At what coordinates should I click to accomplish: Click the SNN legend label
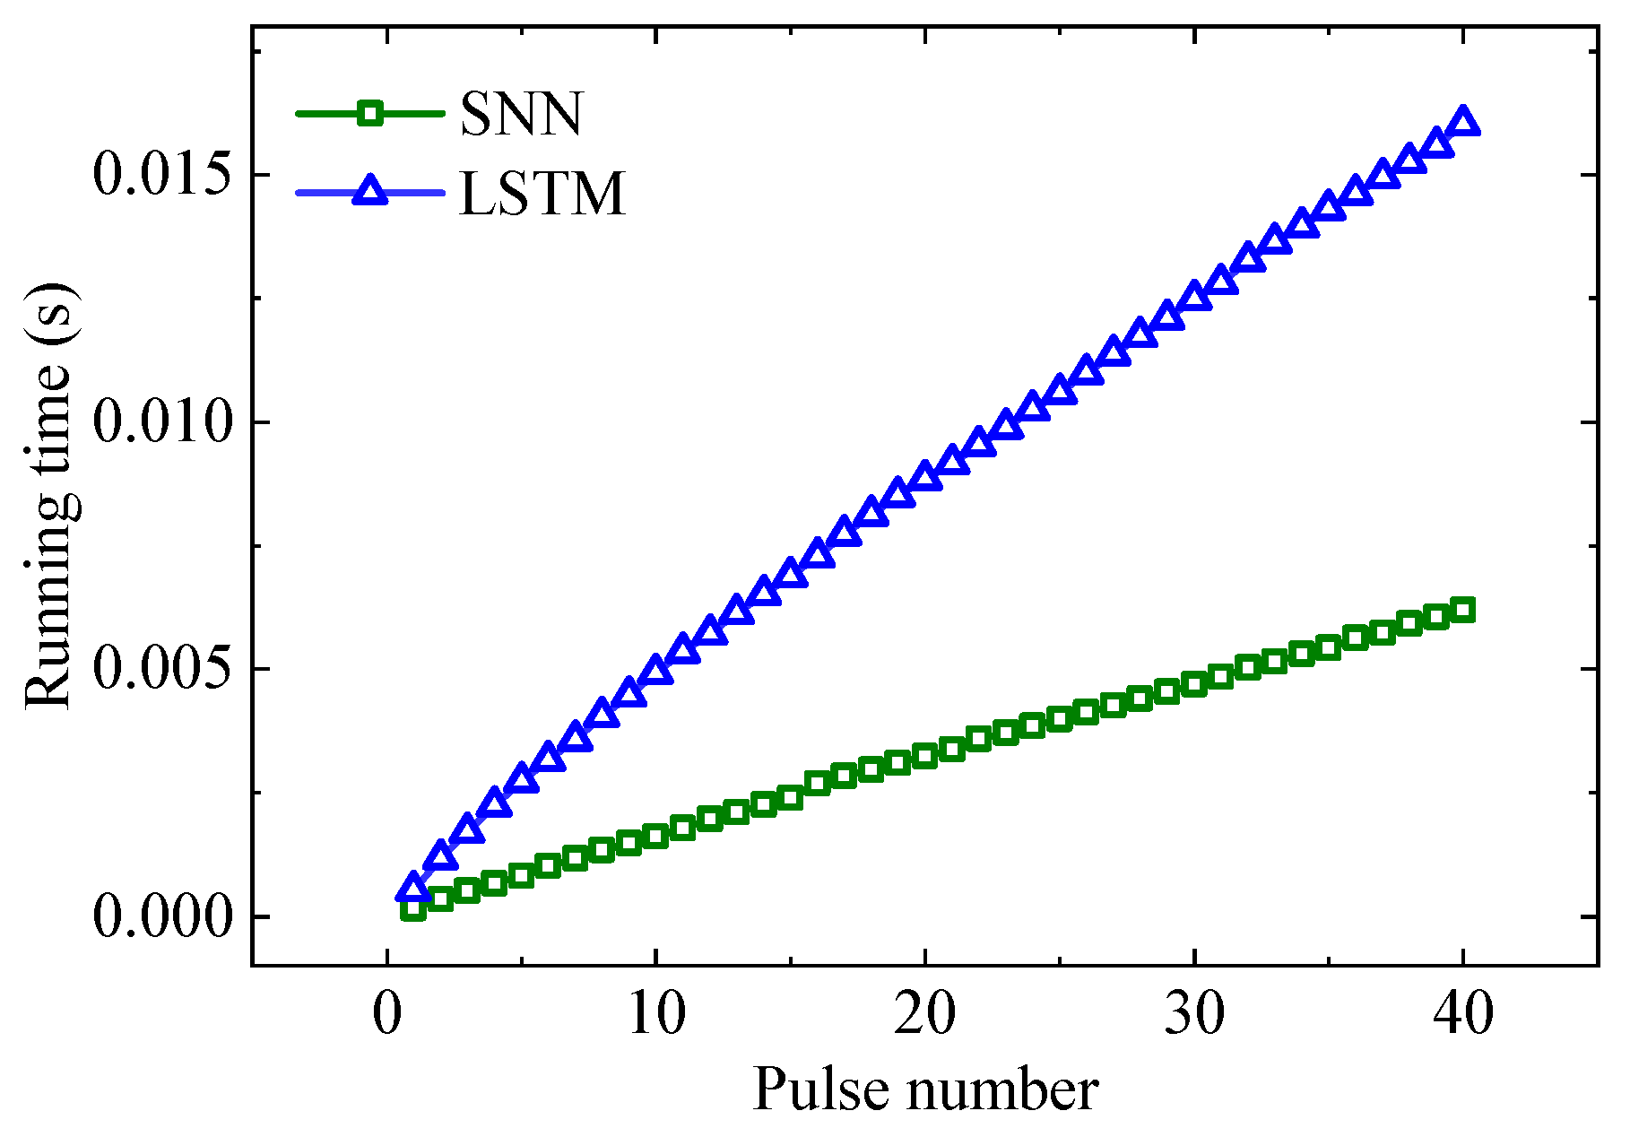(521, 114)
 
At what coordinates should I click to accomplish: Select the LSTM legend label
(542, 194)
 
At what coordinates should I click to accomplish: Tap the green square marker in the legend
(369, 113)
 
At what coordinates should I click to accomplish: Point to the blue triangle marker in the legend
(369, 192)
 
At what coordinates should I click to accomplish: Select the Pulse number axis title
(925, 1089)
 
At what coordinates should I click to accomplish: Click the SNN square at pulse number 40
(1463, 611)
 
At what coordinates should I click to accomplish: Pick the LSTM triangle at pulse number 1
(413, 888)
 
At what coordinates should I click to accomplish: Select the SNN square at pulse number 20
(925, 756)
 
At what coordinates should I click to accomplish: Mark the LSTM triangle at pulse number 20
(925, 476)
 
